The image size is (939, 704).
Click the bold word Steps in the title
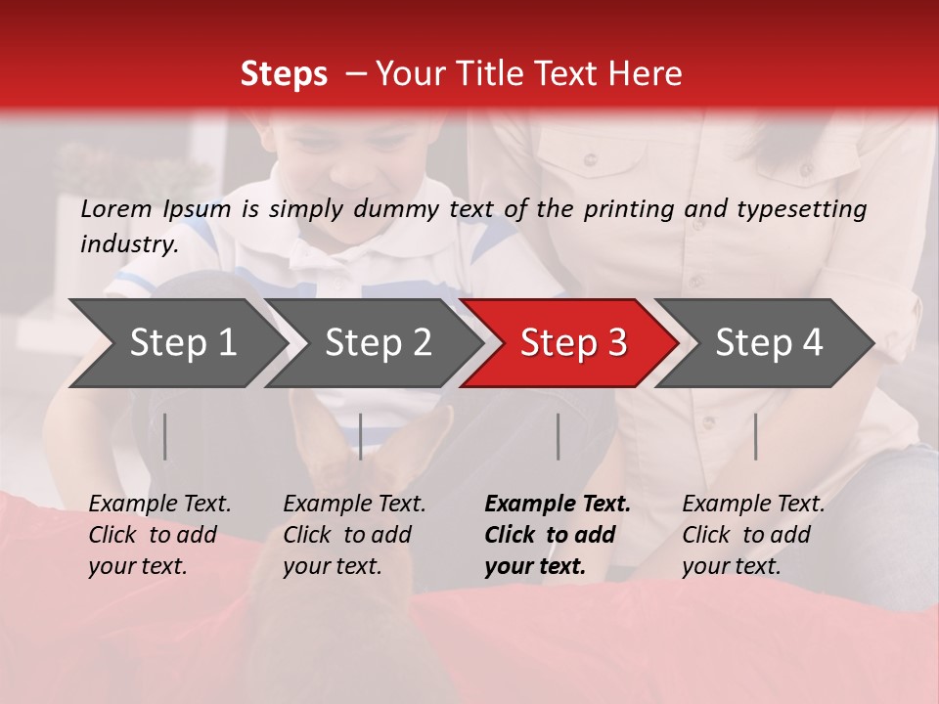click(284, 74)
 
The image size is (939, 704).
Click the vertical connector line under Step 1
click(165, 436)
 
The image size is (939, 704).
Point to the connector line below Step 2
click(361, 436)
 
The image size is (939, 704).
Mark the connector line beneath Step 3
click(559, 436)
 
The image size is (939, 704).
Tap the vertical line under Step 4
click(756, 436)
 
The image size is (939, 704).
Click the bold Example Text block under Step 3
click(558, 535)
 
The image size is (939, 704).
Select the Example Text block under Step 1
click(159, 535)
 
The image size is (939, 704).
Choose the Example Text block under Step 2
click(354, 535)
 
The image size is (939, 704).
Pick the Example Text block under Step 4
click(753, 535)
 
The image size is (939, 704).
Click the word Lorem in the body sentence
click(115, 208)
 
